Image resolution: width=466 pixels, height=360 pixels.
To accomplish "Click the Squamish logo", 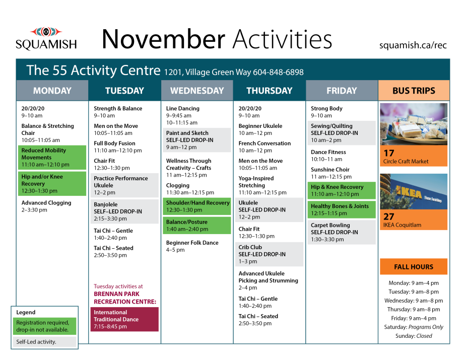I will point(46,39).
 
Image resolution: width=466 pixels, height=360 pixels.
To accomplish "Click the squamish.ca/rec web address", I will point(413,45).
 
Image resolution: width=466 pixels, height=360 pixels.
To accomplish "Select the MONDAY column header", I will point(52,91).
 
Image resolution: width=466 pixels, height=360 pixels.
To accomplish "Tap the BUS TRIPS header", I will point(413,91).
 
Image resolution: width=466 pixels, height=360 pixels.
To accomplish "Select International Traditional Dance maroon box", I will point(125,319).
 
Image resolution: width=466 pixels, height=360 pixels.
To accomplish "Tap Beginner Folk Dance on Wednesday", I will point(192,246).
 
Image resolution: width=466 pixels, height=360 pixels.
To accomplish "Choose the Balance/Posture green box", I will point(196,225).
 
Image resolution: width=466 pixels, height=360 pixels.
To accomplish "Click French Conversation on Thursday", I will point(264,147).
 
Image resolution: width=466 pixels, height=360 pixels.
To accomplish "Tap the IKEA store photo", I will point(413,191).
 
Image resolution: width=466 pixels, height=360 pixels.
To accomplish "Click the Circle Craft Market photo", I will point(413,124).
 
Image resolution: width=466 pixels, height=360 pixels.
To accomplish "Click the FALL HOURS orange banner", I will point(414,267).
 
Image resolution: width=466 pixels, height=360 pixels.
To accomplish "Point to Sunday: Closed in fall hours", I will point(414,336).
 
